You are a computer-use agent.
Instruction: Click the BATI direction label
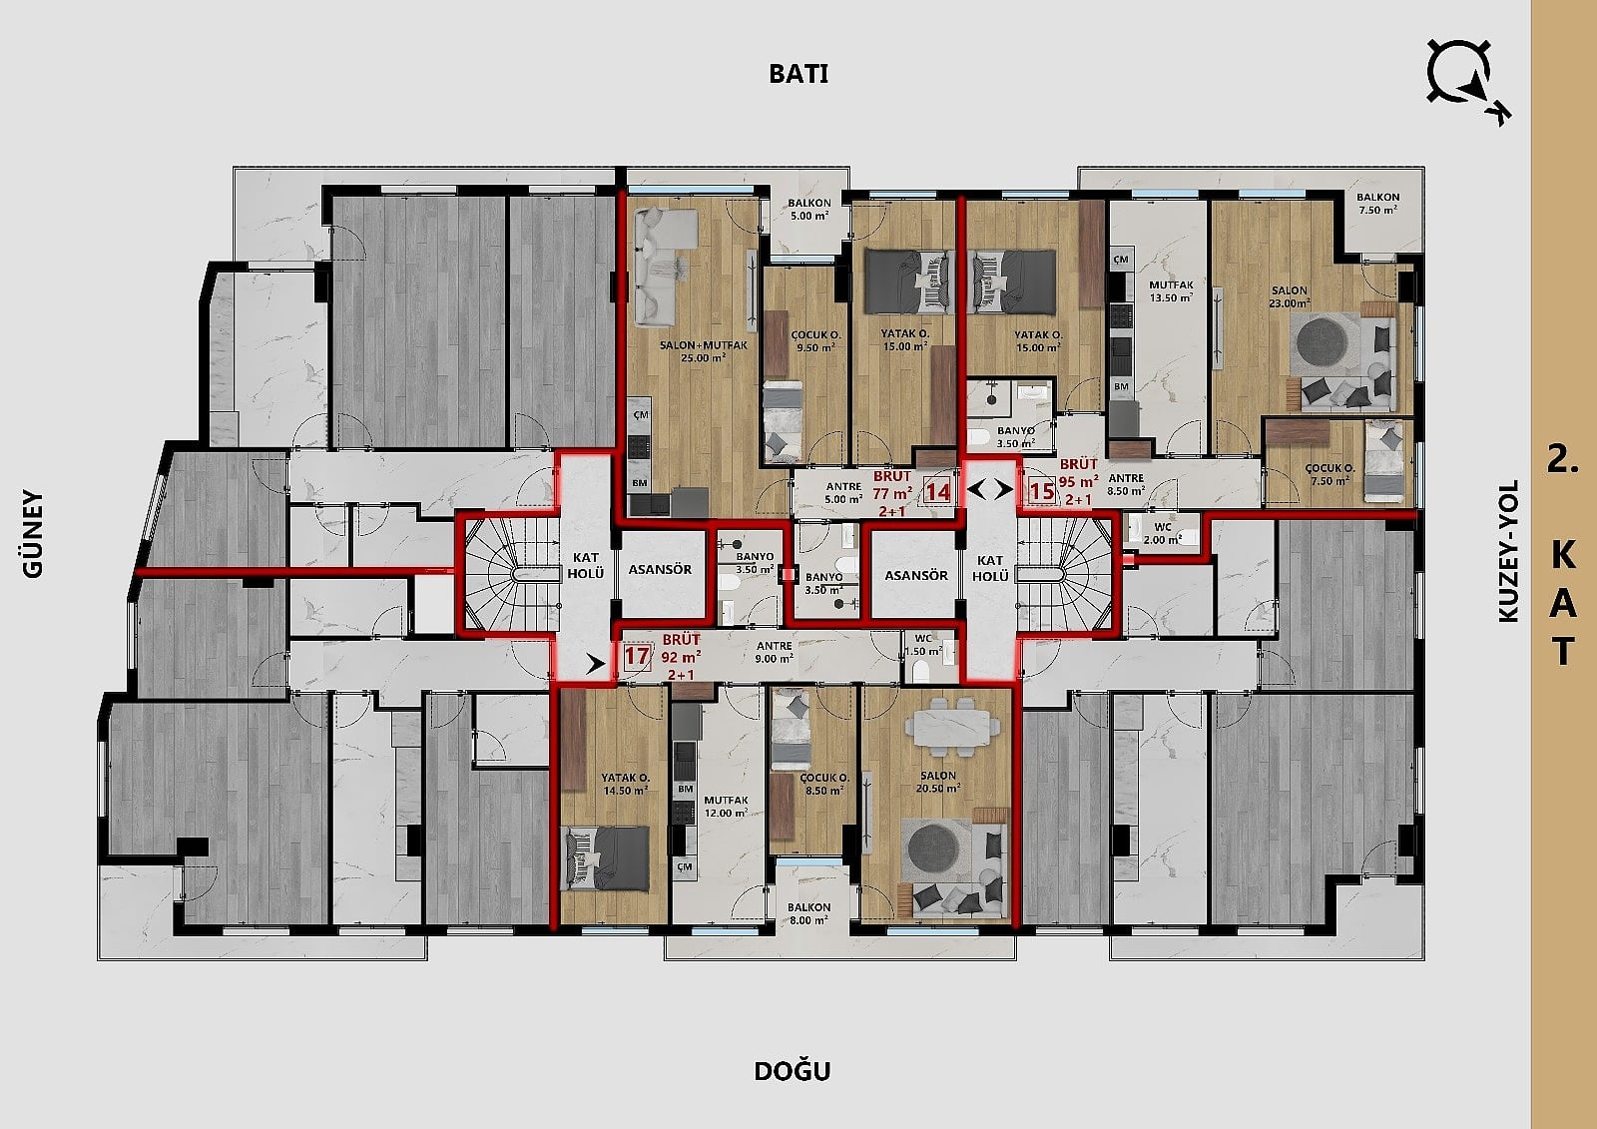tap(798, 74)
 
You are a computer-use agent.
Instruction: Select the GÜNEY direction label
tap(33, 533)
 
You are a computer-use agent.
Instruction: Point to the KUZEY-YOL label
tap(1508, 551)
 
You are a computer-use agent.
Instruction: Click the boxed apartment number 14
tap(937, 491)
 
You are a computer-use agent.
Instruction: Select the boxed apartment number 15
tap(1042, 491)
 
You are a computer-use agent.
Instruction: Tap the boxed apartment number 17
tap(638, 656)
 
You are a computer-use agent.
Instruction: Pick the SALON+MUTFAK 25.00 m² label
tap(703, 351)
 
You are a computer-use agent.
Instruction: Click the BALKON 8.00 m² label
tap(808, 913)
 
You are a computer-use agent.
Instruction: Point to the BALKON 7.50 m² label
tap(1377, 204)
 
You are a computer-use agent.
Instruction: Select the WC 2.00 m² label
tap(1162, 533)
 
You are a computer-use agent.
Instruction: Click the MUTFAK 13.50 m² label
tap(1171, 291)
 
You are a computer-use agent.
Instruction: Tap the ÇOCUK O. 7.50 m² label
tap(1331, 474)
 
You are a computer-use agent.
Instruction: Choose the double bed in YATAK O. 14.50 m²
tap(606, 858)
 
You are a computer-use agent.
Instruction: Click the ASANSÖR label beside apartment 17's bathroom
tap(660, 570)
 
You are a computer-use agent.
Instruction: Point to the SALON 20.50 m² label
tap(937, 782)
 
